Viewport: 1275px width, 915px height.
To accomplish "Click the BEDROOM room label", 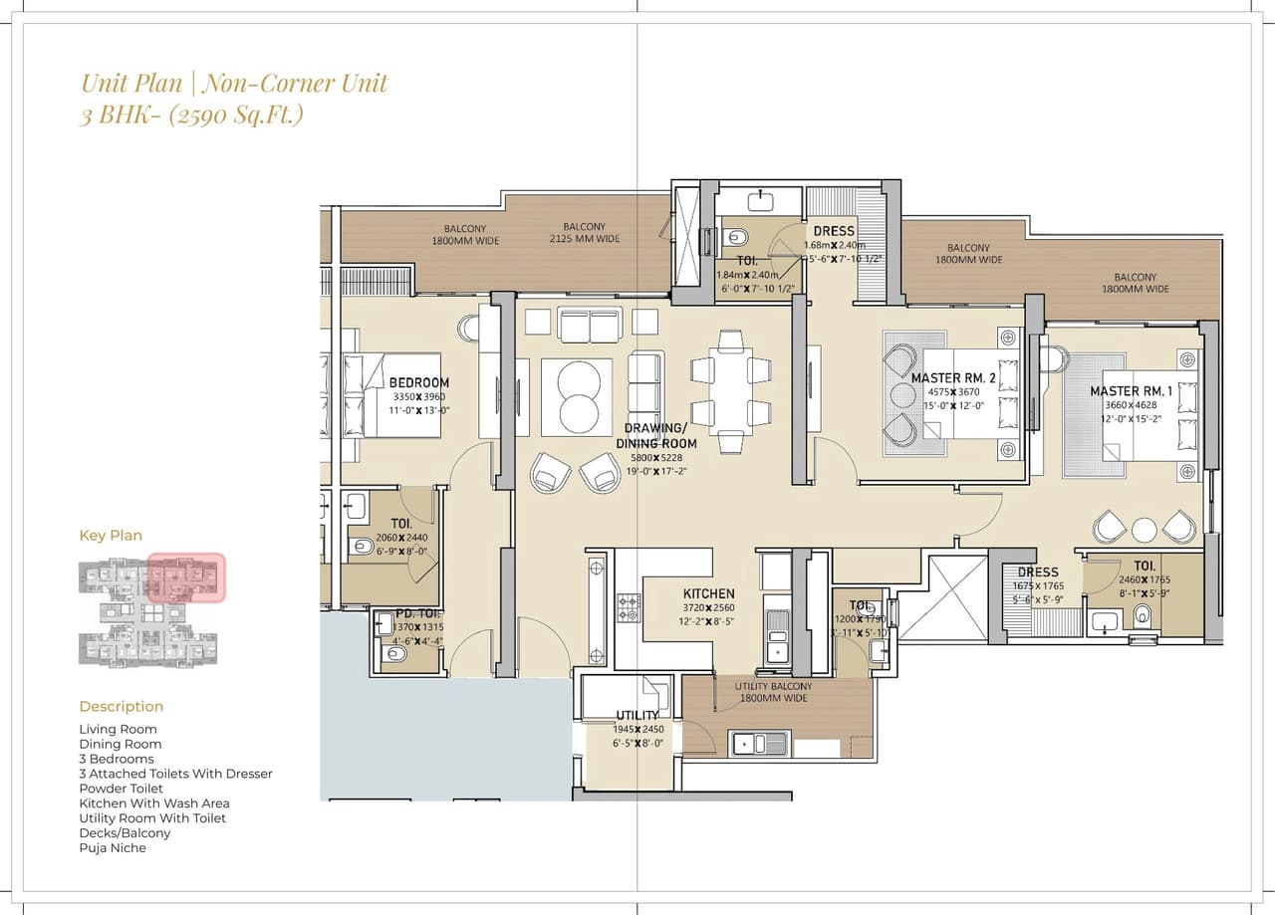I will tap(418, 382).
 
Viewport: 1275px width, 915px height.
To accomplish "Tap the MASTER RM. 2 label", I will tap(953, 378).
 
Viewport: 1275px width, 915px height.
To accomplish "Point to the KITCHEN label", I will tap(708, 593).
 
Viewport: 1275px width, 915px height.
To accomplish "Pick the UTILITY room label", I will tap(637, 715).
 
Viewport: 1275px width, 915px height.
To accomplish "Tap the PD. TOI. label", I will tap(407, 613).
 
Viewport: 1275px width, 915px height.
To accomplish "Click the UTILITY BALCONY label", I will tap(773, 686).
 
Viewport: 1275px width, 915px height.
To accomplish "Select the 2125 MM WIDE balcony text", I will tap(584, 239).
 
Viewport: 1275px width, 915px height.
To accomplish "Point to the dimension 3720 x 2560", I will tap(708, 607).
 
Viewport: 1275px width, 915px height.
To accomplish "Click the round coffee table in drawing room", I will tap(577, 396).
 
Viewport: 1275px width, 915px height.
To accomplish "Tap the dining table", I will tap(731, 391).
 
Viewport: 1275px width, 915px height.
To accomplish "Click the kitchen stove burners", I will tap(629, 608).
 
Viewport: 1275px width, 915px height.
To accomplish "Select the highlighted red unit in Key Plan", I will tap(186, 578).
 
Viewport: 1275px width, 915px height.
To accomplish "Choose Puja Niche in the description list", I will tap(113, 848).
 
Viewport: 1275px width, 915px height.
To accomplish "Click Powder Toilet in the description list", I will tap(121, 789).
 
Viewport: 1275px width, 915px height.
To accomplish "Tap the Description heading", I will tap(121, 707).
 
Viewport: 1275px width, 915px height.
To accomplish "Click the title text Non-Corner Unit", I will tap(296, 83).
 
